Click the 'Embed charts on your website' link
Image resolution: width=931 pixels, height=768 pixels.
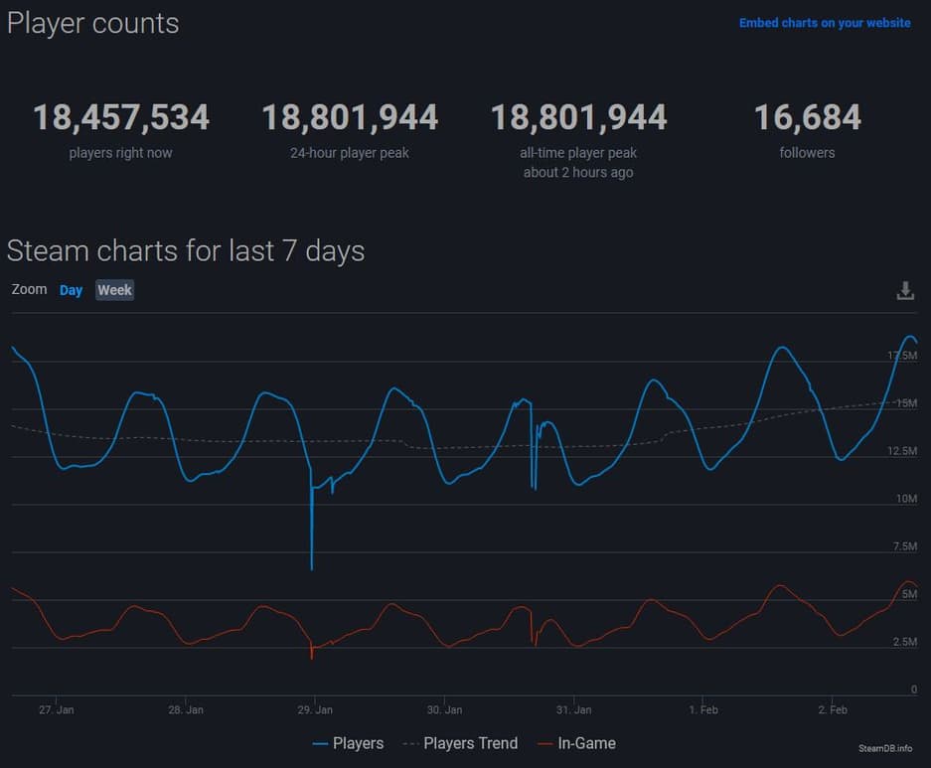tap(825, 23)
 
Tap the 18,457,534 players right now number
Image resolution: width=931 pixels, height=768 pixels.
tap(121, 118)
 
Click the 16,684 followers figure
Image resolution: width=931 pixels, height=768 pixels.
tap(807, 118)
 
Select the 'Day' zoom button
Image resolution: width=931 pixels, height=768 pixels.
tap(71, 290)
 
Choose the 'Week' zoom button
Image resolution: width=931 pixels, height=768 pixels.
tap(114, 290)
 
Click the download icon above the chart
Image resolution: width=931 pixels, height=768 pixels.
tap(905, 291)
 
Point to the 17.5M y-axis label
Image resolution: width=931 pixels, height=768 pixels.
tap(902, 356)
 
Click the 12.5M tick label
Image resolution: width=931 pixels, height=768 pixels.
tap(902, 451)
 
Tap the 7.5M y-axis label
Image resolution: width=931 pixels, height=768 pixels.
tap(904, 546)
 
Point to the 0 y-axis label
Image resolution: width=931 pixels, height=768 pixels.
tap(913, 690)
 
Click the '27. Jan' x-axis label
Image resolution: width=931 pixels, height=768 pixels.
tap(57, 710)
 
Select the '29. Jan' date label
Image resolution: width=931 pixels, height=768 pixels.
tap(315, 710)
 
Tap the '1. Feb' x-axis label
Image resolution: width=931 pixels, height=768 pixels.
tap(702, 710)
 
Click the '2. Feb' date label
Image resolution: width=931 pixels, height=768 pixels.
tap(832, 710)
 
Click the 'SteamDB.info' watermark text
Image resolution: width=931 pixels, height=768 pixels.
tap(884, 748)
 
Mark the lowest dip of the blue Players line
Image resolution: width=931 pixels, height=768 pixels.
tap(312, 568)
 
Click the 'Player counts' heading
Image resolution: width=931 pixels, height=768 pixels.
tap(93, 23)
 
